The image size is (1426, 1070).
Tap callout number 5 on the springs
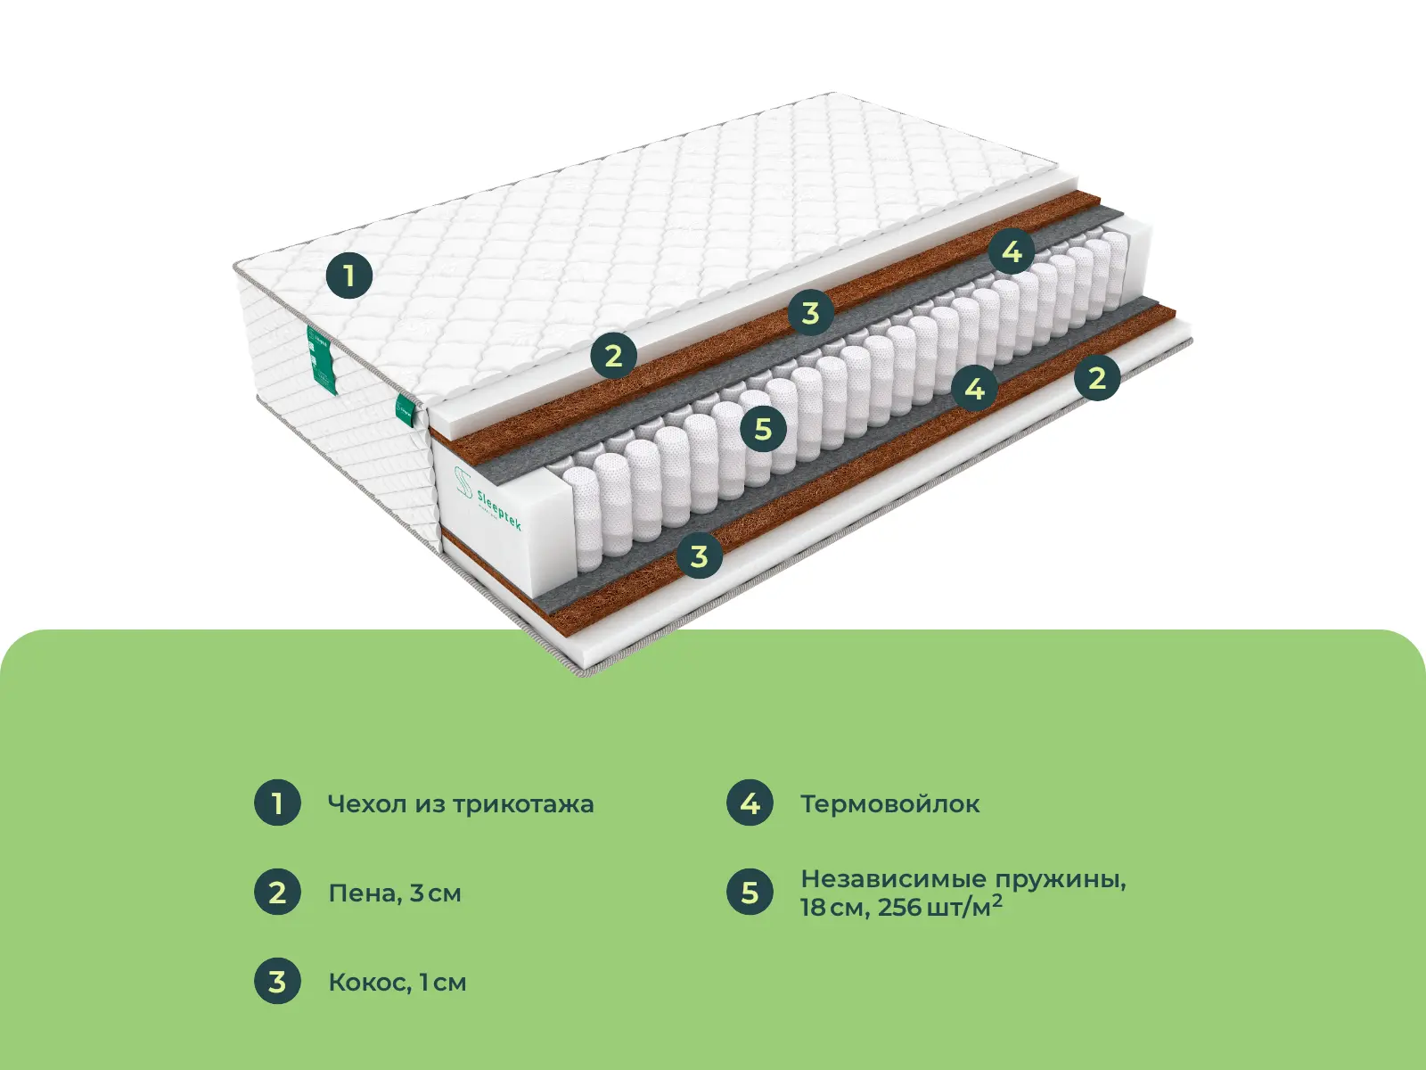click(763, 429)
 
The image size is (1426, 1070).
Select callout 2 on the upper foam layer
click(614, 356)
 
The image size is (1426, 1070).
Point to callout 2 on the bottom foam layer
click(1097, 377)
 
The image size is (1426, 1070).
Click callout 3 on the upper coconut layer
click(811, 312)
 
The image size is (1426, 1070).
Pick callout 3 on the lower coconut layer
click(699, 556)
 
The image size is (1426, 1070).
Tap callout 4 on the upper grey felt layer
click(1012, 251)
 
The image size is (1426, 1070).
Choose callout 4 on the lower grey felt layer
click(975, 389)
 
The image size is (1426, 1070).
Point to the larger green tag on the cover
click(323, 359)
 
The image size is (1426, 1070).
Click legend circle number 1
click(277, 803)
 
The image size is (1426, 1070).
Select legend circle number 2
click(277, 892)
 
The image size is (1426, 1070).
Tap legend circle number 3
click(277, 981)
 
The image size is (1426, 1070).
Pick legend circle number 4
click(750, 803)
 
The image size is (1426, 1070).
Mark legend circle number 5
click(750, 892)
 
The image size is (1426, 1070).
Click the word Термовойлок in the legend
click(890, 804)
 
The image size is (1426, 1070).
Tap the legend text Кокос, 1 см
click(397, 983)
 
